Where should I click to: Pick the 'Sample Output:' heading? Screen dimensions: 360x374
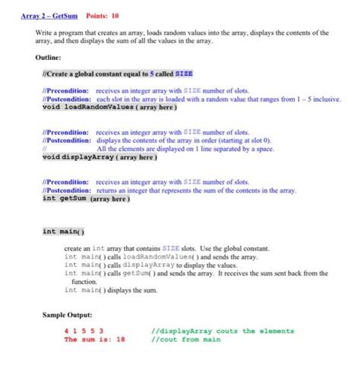point(68,314)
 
